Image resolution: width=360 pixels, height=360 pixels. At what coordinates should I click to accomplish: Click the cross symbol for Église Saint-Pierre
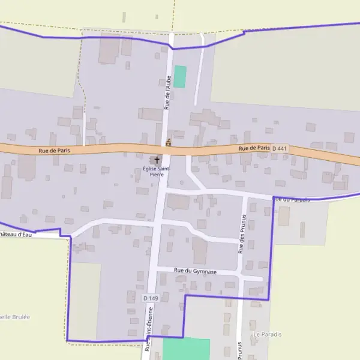[157, 160]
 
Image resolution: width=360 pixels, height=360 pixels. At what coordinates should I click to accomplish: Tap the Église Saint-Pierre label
[156, 172]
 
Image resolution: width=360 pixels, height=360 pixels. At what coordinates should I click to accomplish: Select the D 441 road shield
[279, 148]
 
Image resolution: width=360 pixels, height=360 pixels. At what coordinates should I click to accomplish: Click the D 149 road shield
[151, 298]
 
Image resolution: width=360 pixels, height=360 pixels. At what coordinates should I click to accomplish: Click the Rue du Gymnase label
[195, 271]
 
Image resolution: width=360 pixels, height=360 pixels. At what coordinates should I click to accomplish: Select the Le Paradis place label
[268, 334]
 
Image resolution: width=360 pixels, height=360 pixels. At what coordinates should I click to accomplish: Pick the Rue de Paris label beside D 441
[254, 148]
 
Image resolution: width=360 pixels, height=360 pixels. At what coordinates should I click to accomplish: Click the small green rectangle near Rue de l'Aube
[180, 77]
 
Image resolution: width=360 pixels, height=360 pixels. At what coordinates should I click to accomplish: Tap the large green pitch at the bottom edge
[187, 349]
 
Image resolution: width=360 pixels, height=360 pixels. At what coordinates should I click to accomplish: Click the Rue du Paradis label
[292, 199]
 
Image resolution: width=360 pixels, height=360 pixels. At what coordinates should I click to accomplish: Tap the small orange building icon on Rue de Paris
[169, 143]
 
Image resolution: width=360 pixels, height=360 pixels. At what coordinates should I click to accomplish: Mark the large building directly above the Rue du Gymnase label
[200, 250]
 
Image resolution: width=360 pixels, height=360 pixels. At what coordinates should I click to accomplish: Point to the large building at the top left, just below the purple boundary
[109, 49]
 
